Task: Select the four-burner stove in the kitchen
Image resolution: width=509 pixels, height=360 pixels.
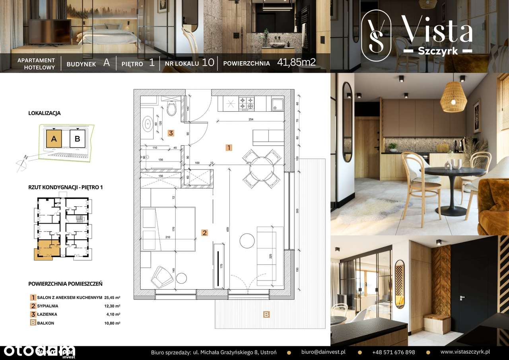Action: tap(246, 103)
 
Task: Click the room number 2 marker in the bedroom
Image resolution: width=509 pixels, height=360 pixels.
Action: tap(204, 233)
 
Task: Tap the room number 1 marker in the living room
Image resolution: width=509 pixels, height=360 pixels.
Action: tap(229, 148)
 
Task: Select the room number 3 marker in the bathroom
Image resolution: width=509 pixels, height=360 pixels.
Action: tap(171, 133)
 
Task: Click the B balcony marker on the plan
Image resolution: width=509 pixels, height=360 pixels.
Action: tap(266, 315)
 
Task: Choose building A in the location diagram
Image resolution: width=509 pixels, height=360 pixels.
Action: tap(54, 139)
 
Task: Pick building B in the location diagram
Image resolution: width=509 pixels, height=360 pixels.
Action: tap(78, 139)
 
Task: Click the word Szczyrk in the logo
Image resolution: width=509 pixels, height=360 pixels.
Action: tap(437, 51)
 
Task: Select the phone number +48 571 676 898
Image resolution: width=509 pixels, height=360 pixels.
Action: tap(393, 352)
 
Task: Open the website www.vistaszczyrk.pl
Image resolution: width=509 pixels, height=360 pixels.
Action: tap(465, 352)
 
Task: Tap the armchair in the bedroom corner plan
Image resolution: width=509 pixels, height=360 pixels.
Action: tap(161, 276)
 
